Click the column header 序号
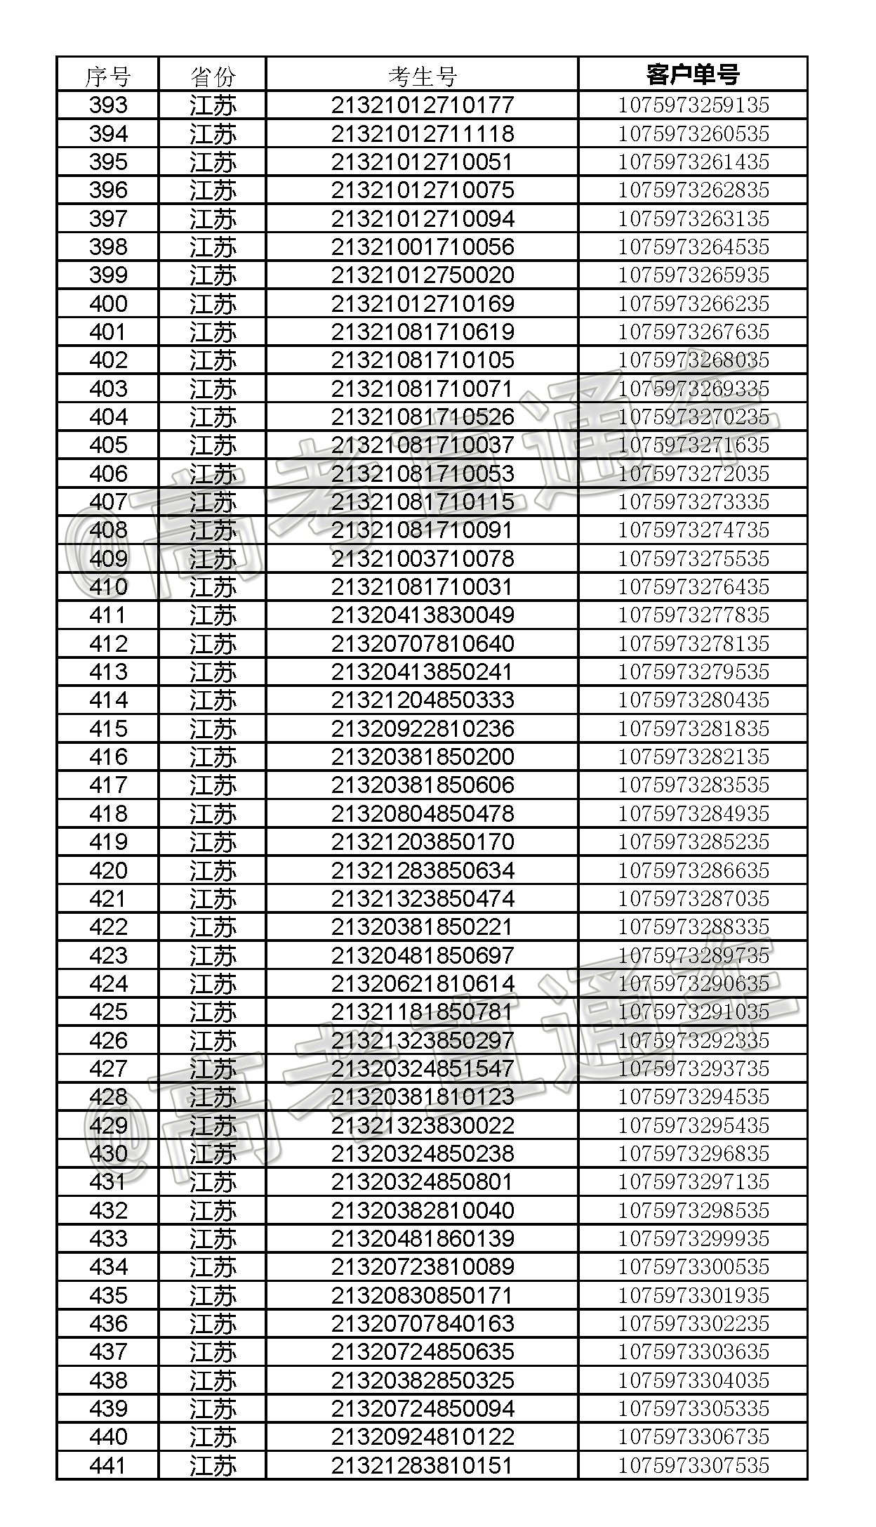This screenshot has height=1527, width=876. [x=107, y=75]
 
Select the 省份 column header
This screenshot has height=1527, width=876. [x=213, y=75]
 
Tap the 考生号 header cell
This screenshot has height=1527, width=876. [x=423, y=75]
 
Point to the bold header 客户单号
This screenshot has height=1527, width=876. [x=693, y=74]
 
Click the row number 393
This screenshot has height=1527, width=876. [x=108, y=105]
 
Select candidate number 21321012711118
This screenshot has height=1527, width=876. [x=423, y=133]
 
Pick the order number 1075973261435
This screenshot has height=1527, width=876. [x=693, y=162]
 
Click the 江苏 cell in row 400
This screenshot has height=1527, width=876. [x=213, y=304]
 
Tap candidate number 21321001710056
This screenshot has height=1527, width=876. [x=423, y=247]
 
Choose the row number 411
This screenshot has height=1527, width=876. [x=108, y=615]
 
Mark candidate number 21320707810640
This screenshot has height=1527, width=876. [x=423, y=643]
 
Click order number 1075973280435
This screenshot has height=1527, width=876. [x=693, y=700]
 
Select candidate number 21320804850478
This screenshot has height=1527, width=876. [x=423, y=813]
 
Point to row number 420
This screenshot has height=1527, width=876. [x=108, y=870]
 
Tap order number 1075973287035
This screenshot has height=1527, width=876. [x=693, y=898]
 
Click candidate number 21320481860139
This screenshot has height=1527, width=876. [x=423, y=1238]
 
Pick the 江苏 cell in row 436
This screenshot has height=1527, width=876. [x=213, y=1324]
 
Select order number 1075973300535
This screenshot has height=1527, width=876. [x=693, y=1267]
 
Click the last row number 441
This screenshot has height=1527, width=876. [x=108, y=1465]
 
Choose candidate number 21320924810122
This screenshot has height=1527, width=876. [x=423, y=1436]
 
